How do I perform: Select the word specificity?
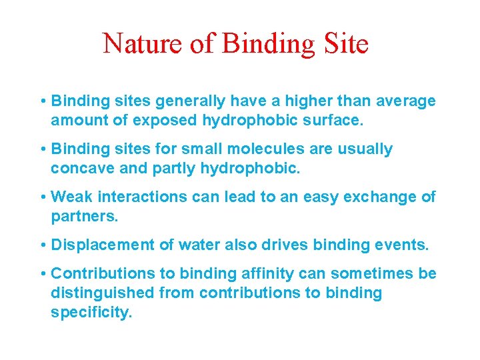[x=91, y=313]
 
